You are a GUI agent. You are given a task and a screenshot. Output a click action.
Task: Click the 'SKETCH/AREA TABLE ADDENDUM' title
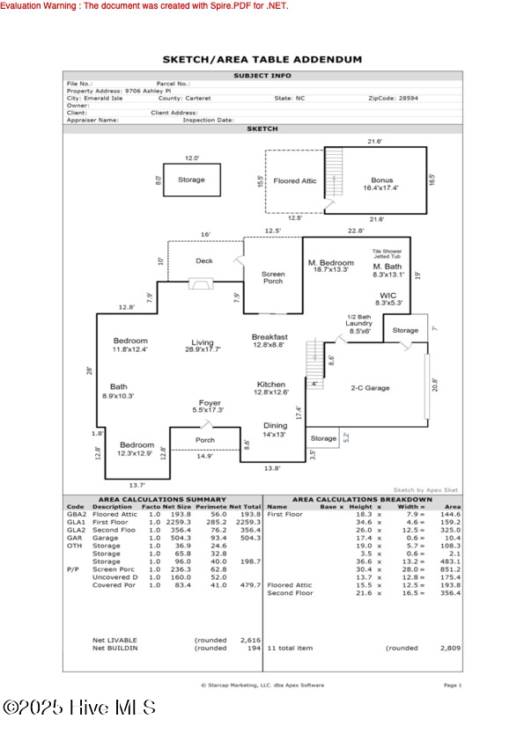pyautogui.click(x=262, y=60)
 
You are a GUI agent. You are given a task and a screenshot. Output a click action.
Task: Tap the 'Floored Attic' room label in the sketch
pyautogui.click(x=294, y=180)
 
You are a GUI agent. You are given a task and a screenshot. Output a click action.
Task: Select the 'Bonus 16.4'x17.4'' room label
pyautogui.click(x=381, y=183)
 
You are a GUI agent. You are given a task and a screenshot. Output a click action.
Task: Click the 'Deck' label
pyautogui.click(x=203, y=260)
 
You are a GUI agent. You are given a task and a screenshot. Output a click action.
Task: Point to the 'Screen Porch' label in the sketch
pyautogui.click(x=273, y=278)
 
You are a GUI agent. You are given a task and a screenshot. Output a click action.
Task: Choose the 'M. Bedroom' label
pyautogui.click(x=330, y=265)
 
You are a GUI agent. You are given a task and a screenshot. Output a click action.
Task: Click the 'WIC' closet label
pyautogui.click(x=388, y=297)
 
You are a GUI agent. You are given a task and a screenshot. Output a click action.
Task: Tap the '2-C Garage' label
pyautogui.click(x=370, y=388)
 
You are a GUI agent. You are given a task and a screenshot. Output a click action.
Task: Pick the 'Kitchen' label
pyautogui.click(x=270, y=385)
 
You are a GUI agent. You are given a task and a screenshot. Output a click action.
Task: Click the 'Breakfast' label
pyautogui.click(x=269, y=337)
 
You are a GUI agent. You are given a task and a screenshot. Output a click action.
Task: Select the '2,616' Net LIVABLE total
pyautogui.click(x=250, y=640)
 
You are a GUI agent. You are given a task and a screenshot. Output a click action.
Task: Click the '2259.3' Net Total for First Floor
pyautogui.click(x=250, y=523)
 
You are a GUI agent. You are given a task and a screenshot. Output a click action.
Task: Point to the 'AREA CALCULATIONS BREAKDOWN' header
pyautogui.click(x=362, y=499)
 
